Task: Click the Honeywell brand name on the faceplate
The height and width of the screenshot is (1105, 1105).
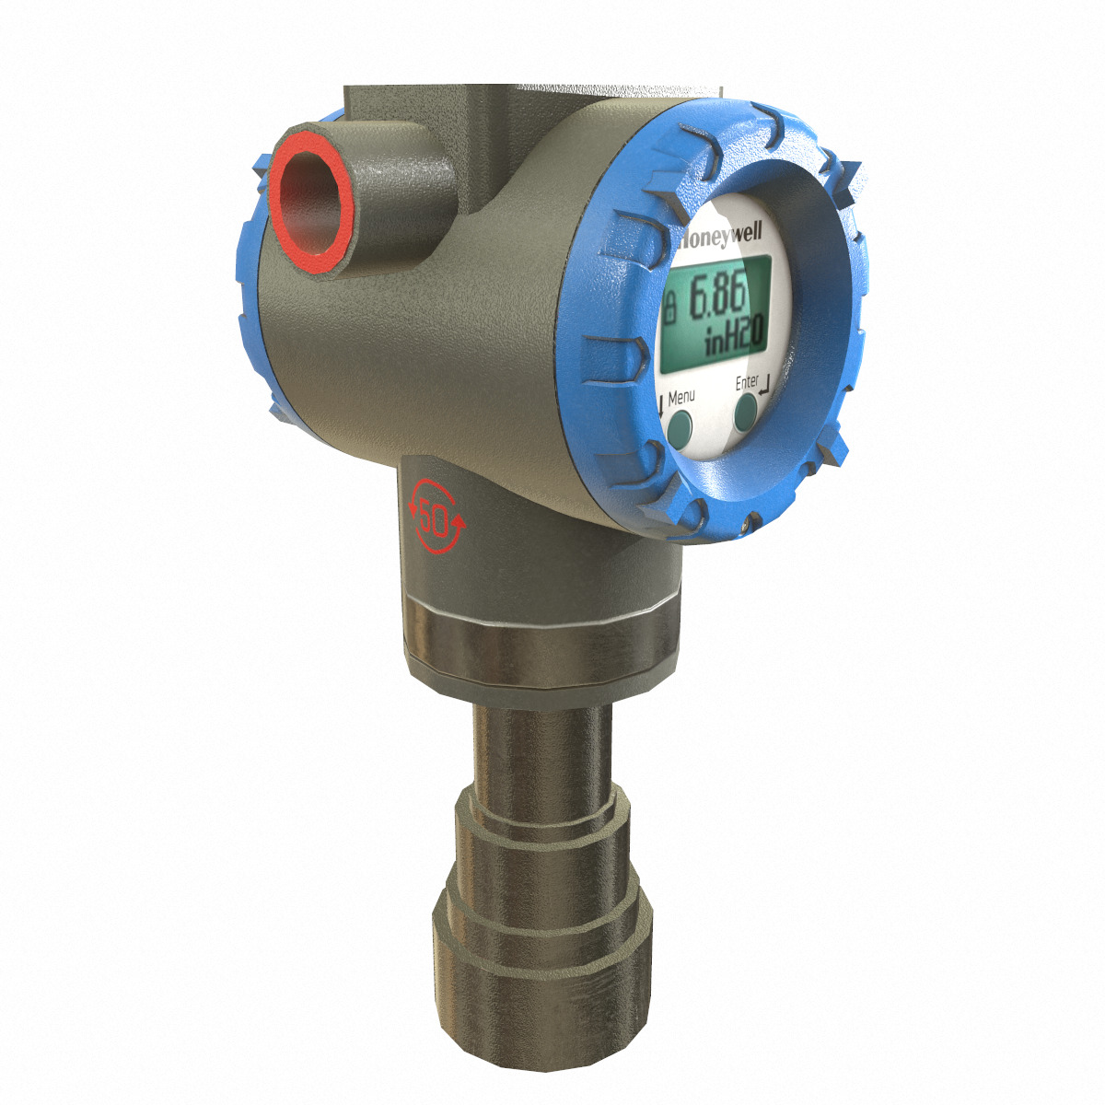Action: [x=724, y=238]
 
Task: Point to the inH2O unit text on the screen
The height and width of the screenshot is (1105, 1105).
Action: [x=734, y=342]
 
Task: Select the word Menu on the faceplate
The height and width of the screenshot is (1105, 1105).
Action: [x=681, y=398]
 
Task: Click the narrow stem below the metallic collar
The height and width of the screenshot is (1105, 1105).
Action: [x=539, y=746]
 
